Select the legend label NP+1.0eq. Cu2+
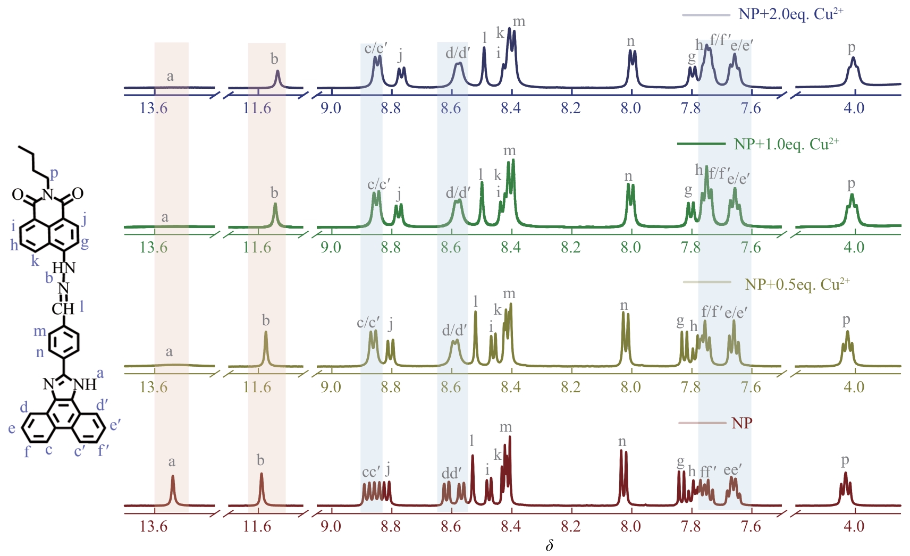pos(786,144)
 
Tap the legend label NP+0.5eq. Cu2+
pos(797,284)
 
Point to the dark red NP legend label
pos(742,423)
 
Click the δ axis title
pos(550,546)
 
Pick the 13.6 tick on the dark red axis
pos(153,527)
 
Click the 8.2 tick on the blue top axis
pos(570,108)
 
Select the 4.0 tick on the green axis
pos(854,248)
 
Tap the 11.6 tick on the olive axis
pos(257,387)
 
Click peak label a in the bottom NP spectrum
pos(172,462)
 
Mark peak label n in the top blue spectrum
pos(630,41)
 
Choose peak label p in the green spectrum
pos(851,184)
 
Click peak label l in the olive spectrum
pos(475,302)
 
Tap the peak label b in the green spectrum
pos(274,193)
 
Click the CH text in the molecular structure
pos(63,309)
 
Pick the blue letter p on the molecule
pos(54,173)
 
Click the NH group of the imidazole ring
pos(85,384)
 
